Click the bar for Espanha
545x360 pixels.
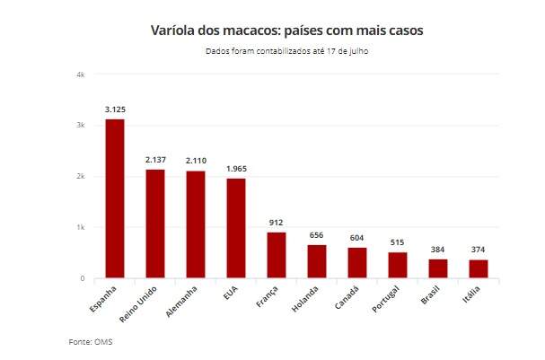(x=115, y=198)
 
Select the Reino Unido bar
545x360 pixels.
(x=155, y=224)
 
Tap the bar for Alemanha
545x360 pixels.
(x=196, y=224)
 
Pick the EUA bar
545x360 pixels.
(x=236, y=228)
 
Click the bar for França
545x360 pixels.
(x=277, y=255)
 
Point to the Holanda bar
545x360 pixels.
(x=317, y=261)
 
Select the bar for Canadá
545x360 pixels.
(x=357, y=263)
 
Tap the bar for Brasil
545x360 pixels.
(x=438, y=268)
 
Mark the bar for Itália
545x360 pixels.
(x=479, y=268)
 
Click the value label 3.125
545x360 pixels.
(x=115, y=109)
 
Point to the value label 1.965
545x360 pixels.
(x=236, y=168)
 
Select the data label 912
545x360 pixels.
(x=277, y=222)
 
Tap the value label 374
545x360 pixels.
(x=479, y=250)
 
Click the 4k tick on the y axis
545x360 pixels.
(x=80, y=75)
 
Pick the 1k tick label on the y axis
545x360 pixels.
(x=80, y=228)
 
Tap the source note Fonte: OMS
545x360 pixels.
(x=91, y=342)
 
